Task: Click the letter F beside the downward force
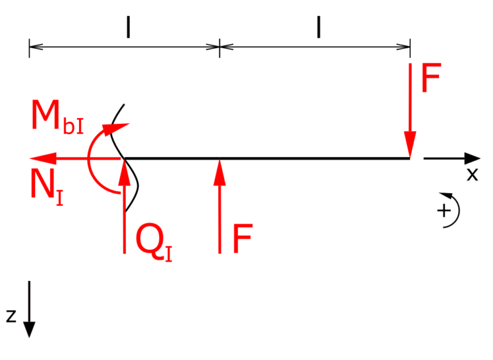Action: pos(431,78)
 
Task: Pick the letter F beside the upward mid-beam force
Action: pos(243,238)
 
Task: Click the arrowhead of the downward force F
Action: pos(410,144)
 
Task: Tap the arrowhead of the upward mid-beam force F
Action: pos(220,172)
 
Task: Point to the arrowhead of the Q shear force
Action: pos(125,172)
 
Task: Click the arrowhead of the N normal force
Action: pos(43,158)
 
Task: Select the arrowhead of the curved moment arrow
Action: pos(116,129)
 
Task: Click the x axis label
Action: pos(472,175)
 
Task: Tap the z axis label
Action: pos(12,316)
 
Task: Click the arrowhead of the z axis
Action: pos(30,330)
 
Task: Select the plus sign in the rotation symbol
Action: pos(444,210)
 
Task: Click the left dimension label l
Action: pos(128,28)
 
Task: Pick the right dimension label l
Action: pos(318,28)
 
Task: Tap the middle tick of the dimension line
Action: pos(220,48)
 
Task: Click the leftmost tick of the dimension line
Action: pos(30,48)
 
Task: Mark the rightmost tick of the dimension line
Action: pos(410,48)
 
